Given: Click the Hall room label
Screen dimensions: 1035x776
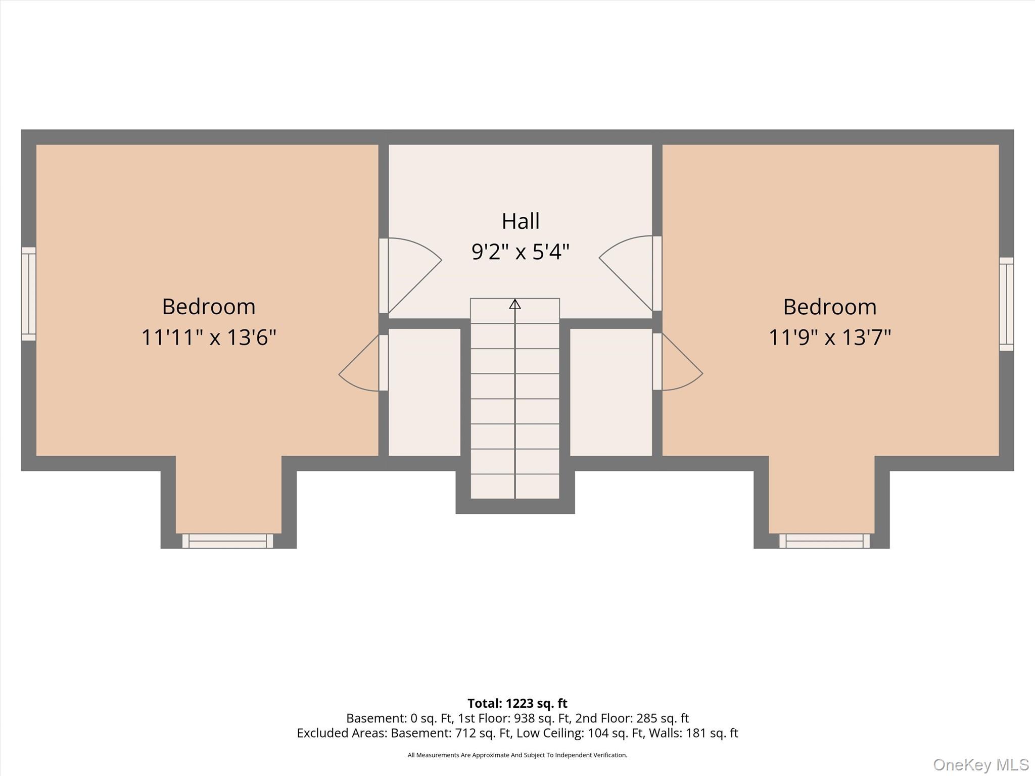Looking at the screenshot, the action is tap(521, 221).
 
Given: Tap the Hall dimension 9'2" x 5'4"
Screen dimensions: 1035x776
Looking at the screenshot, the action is tap(521, 251).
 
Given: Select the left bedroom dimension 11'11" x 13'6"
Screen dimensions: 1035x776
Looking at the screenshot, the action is tap(209, 337).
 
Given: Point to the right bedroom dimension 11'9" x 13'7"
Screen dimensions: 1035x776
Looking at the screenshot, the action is tap(830, 337).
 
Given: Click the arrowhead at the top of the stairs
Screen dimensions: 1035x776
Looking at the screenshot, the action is tap(515, 304).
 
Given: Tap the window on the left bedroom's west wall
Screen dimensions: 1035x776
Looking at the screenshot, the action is tap(29, 294).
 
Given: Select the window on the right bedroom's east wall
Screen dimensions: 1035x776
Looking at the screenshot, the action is tap(1006, 304).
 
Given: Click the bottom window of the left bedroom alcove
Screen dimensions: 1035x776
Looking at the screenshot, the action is tap(228, 541).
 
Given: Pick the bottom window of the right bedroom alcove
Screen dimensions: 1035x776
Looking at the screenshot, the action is tap(824, 541).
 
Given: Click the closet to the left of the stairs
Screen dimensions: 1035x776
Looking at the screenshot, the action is tap(425, 392).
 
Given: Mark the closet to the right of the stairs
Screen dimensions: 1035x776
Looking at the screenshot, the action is tap(611, 392).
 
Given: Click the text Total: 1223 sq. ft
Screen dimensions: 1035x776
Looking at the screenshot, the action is tap(517, 703).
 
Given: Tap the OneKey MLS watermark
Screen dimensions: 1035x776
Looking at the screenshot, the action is tap(981, 764).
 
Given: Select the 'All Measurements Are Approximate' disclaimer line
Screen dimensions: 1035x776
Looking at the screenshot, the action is tap(517, 755).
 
